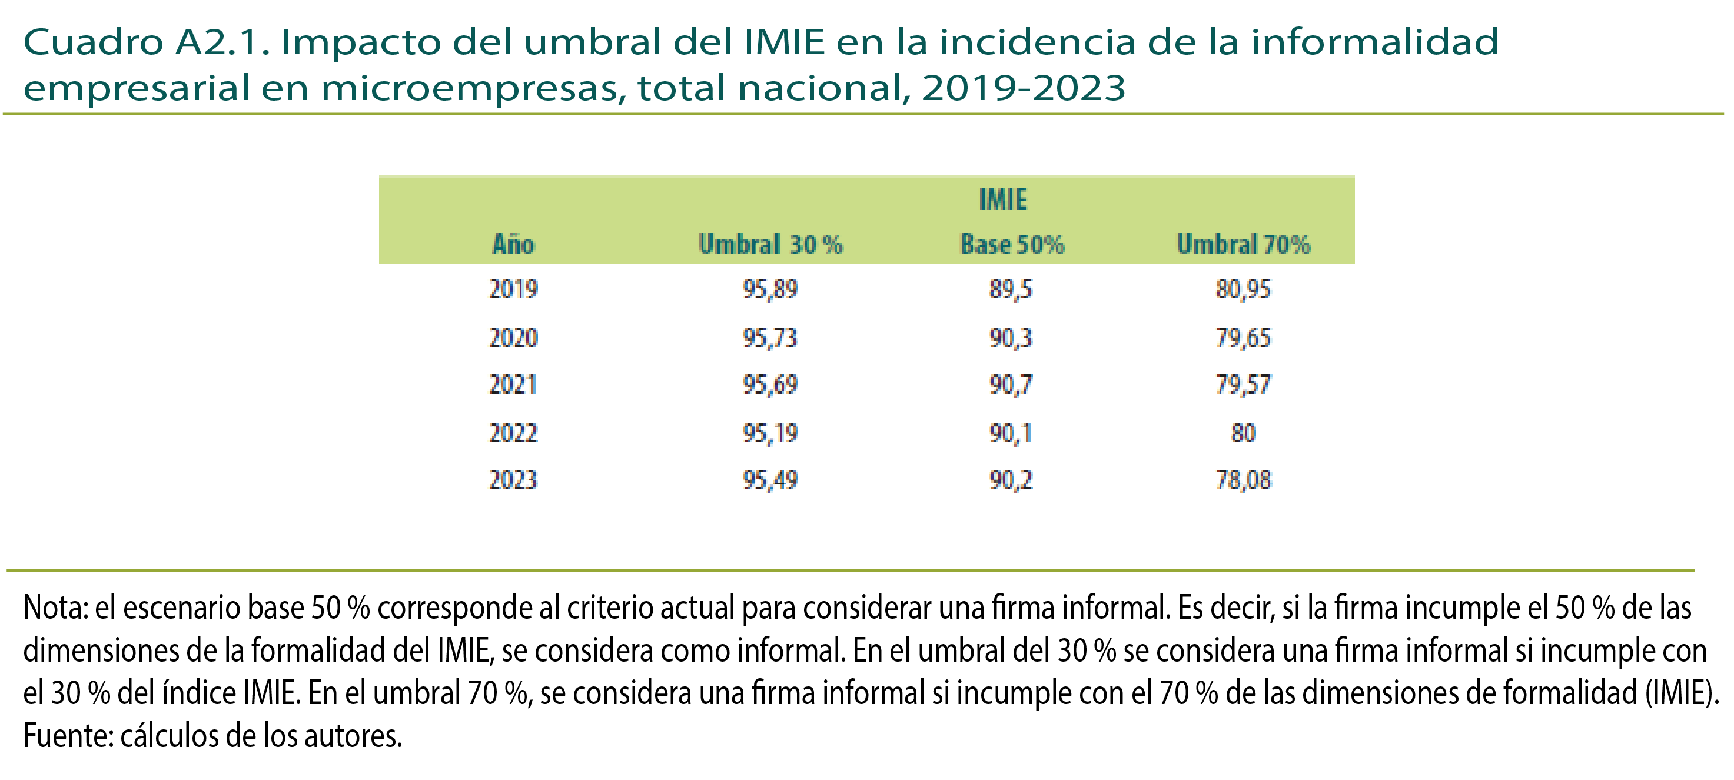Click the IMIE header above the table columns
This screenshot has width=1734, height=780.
(1002, 200)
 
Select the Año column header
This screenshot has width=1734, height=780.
(513, 244)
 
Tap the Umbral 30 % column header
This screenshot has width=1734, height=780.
(770, 244)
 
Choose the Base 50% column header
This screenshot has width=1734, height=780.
(1012, 244)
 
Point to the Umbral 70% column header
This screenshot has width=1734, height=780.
(1243, 244)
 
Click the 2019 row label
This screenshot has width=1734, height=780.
(513, 290)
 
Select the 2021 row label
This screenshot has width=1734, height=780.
(513, 385)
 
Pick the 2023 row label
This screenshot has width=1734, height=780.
(513, 480)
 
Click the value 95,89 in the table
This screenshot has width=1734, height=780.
(770, 290)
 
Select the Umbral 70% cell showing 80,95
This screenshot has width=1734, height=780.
(1243, 290)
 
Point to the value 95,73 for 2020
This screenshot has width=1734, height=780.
(770, 338)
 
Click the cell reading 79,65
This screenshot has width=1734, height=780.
(1243, 338)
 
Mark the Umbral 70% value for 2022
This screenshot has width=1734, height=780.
(1243, 433)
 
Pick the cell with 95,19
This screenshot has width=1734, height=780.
(770, 433)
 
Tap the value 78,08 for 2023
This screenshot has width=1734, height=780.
(1243, 480)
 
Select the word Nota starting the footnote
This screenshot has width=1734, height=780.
(54, 608)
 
